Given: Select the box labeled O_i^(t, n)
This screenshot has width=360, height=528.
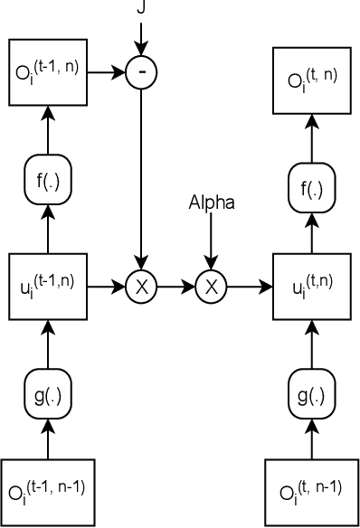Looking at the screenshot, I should click(312, 79).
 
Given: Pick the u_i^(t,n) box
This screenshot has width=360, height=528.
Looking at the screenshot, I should click(312, 288).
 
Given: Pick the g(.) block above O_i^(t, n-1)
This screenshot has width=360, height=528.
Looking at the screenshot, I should click(312, 395).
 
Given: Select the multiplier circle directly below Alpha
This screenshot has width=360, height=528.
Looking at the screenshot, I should click(211, 288).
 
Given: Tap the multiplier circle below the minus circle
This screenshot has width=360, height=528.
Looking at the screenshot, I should click(141, 288).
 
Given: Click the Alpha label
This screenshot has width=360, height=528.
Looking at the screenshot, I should click(211, 203).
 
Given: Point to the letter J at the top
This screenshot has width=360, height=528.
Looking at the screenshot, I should click(141, 7).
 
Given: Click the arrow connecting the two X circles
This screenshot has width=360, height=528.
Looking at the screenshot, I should click(176, 288).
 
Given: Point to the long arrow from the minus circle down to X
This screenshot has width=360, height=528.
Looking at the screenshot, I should click(141, 181).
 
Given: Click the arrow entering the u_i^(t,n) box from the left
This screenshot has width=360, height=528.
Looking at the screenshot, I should click(249, 288).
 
